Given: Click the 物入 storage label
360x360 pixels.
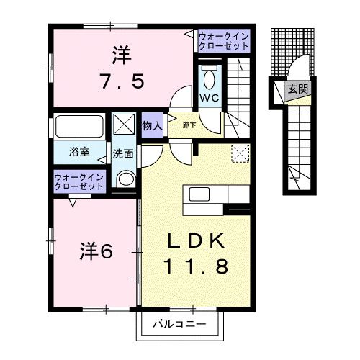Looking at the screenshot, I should coord(151,125).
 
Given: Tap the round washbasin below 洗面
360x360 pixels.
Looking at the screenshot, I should coord(125,180).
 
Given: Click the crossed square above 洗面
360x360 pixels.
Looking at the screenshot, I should coord(124,124).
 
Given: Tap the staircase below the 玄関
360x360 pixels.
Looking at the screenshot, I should coord(297,144).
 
